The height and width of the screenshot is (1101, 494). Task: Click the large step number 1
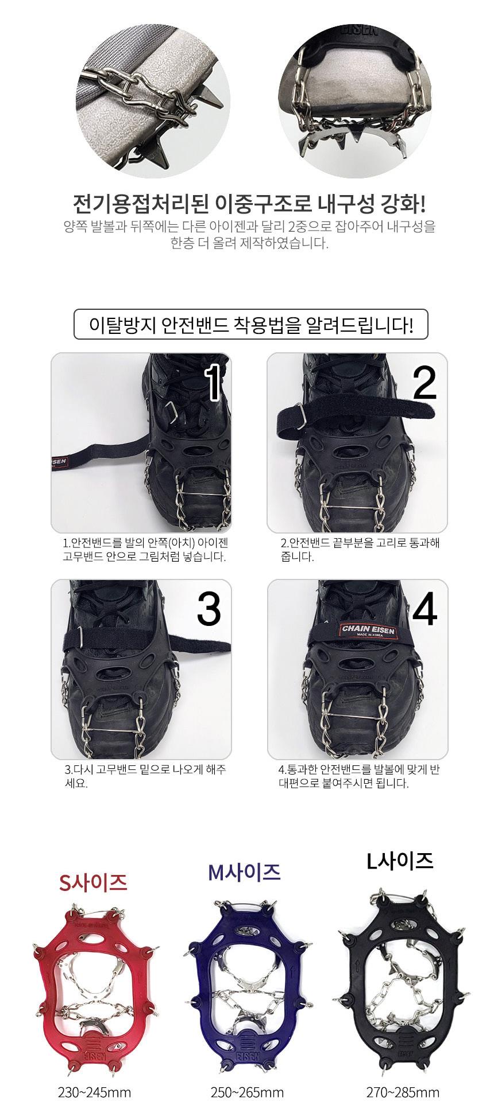pos(213,383)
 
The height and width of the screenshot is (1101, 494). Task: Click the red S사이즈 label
pos(93,882)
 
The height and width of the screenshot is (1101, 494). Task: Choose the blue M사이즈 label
pos(244,872)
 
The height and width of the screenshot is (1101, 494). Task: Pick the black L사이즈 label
pos(400,861)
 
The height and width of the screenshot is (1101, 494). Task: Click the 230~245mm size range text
pos(95,1092)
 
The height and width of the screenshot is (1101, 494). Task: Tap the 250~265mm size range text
pos(247,1092)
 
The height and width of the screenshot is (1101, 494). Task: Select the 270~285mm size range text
pos(403,1092)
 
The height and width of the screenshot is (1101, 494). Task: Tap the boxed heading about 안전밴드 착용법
pos(251,325)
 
